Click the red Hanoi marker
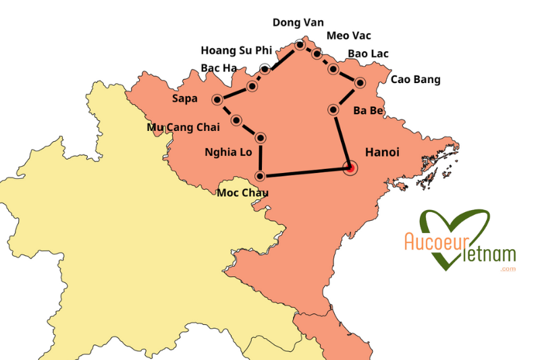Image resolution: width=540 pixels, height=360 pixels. point(350,168)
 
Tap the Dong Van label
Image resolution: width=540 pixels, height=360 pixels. point(298,22)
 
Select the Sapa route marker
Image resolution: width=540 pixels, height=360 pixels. point(217,100)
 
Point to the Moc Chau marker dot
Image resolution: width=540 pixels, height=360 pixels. point(260,176)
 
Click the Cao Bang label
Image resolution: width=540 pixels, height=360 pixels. point(415,80)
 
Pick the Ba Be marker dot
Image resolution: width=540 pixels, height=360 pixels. point(333,109)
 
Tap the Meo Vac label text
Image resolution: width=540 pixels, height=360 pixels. point(348,36)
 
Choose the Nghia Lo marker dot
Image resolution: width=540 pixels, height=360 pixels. point(260,138)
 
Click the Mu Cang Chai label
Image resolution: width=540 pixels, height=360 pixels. point(184,127)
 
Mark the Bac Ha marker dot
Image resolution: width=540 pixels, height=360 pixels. point(252,86)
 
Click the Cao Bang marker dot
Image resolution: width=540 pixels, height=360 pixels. point(359,83)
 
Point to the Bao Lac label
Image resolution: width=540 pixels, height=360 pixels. point(368,54)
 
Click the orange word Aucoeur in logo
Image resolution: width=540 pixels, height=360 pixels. point(433,242)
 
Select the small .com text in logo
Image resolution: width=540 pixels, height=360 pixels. point(508,269)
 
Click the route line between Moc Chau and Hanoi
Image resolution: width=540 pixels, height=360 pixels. point(304,172)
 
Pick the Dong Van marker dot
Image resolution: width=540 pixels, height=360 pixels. point(300,45)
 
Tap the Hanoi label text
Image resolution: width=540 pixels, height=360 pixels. point(381,153)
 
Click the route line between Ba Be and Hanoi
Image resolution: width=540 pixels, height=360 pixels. point(342,138)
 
